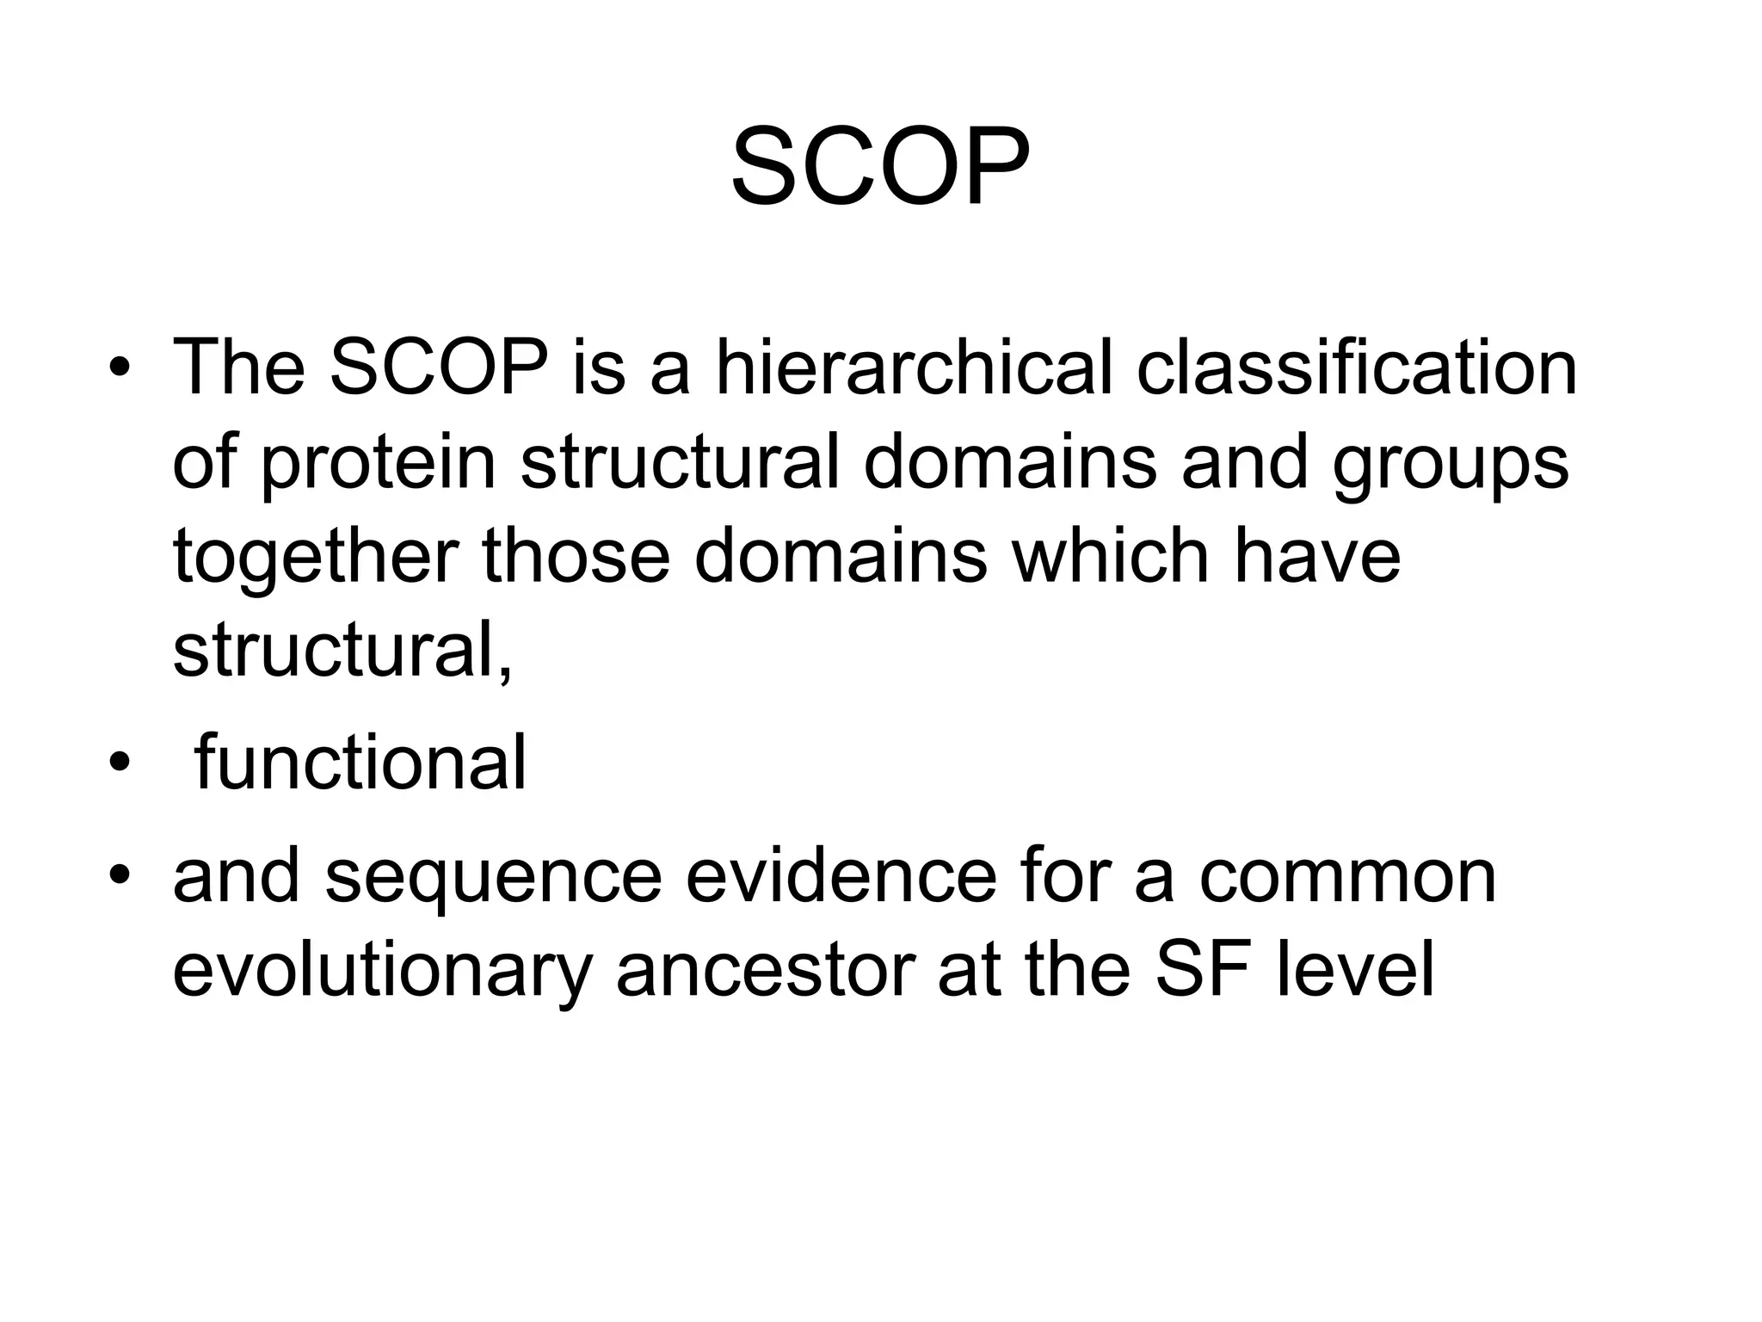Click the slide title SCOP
[x=879, y=168]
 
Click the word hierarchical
[x=914, y=368]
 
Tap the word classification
[x=1357, y=368]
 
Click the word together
[x=314, y=558]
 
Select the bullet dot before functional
[x=120, y=764]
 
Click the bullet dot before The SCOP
[x=120, y=370]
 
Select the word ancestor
[x=765, y=971]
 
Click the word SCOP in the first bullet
[x=439, y=368]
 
